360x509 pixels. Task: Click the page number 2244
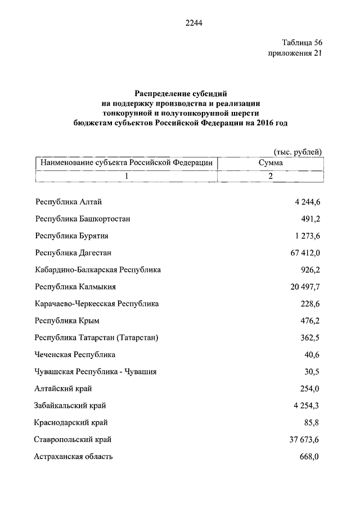(x=193, y=23)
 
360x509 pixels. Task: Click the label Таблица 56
(x=301, y=43)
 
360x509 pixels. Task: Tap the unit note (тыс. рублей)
(x=298, y=151)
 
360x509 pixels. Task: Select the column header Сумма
(x=270, y=163)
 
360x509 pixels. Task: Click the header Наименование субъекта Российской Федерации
(x=126, y=163)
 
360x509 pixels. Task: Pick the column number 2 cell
(x=270, y=176)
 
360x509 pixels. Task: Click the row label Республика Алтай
(x=68, y=202)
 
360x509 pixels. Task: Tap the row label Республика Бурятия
(x=71, y=236)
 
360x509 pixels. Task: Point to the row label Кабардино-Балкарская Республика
(x=98, y=269)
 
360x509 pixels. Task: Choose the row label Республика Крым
(x=67, y=321)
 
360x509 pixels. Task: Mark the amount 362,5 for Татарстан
(x=310, y=337)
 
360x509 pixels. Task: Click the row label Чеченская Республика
(x=75, y=354)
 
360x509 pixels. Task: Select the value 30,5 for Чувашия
(x=312, y=371)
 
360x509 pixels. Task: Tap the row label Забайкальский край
(x=70, y=406)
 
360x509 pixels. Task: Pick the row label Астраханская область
(x=74, y=456)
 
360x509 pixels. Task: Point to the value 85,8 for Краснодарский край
(x=312, y=422)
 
